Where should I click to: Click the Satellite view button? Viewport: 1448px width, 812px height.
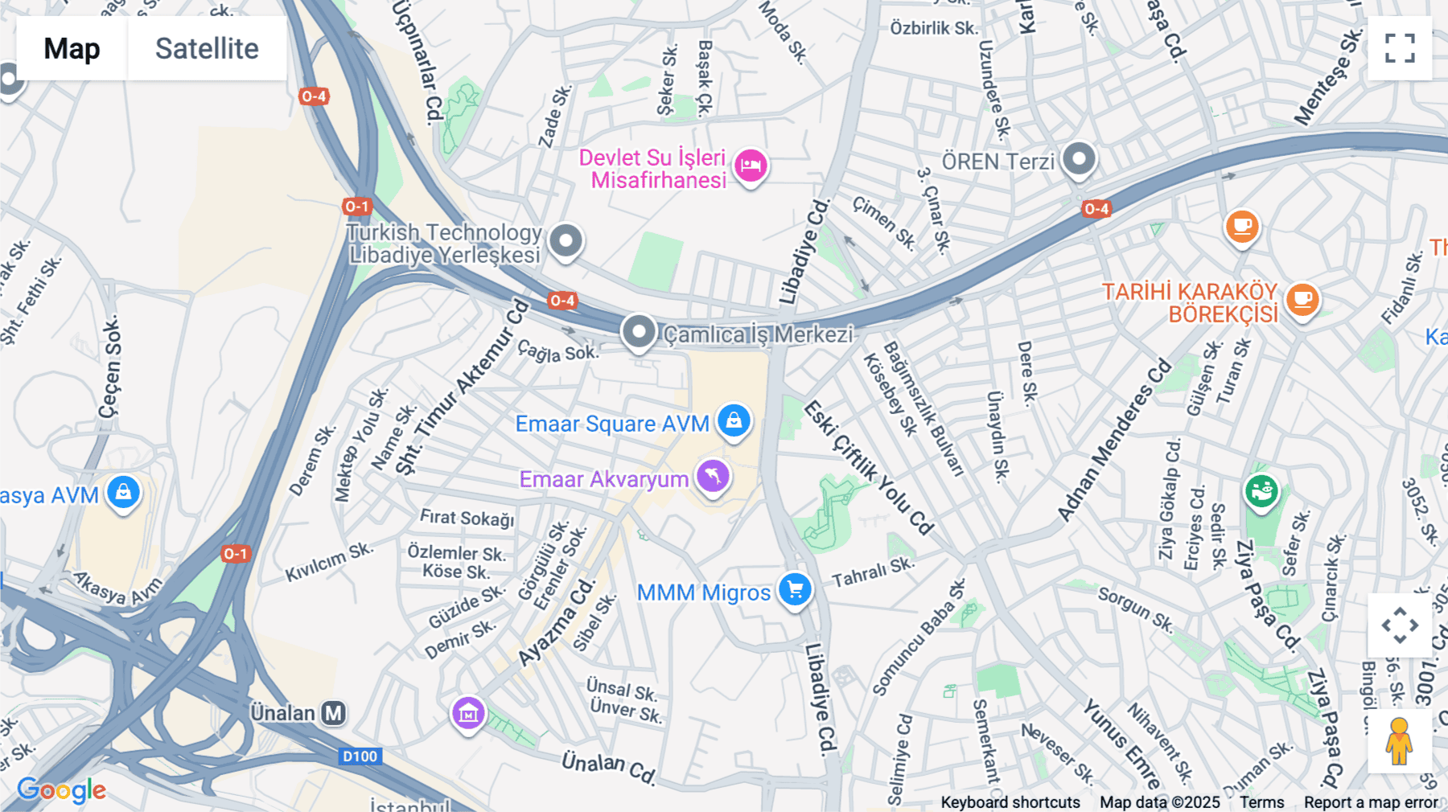[207, 48]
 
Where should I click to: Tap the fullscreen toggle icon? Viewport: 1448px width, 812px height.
[1400, 48]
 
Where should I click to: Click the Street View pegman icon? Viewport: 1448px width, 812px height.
[1399, 741]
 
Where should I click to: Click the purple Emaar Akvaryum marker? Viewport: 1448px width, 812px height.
[713, 476]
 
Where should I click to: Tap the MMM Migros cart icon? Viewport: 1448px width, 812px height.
[795, 590]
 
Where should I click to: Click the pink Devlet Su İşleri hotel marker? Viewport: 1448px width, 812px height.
[751, 166]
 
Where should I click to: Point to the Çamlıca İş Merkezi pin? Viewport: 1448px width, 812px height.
[639, 331]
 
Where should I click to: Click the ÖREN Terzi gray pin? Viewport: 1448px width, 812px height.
[1079, 158]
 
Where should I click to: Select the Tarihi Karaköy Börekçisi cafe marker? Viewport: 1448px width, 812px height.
[1302, 301]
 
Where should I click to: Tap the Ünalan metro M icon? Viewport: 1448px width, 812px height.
[333, 713]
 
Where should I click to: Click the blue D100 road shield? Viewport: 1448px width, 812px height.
[360, 756]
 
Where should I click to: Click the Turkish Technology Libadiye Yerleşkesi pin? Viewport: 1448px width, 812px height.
[566, 240]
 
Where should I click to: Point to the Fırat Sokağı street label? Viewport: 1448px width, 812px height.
[467, 518]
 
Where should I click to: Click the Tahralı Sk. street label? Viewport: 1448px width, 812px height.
[873, 572]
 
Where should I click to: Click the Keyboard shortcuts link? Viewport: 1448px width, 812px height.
[1010, 802]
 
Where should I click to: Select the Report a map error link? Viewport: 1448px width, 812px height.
[1371, 802]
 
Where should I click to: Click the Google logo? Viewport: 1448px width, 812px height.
[62, 790]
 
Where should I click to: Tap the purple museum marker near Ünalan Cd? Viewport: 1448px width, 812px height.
[468, 712]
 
